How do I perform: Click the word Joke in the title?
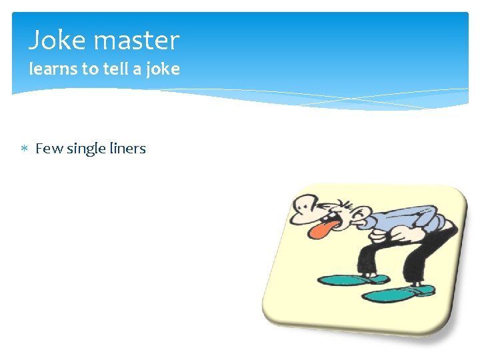pos(57,41)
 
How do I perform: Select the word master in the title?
pos(136,41)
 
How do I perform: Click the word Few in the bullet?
pos(48,149)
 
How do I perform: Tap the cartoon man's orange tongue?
pos(321,231)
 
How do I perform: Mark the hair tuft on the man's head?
pos(345,202)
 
